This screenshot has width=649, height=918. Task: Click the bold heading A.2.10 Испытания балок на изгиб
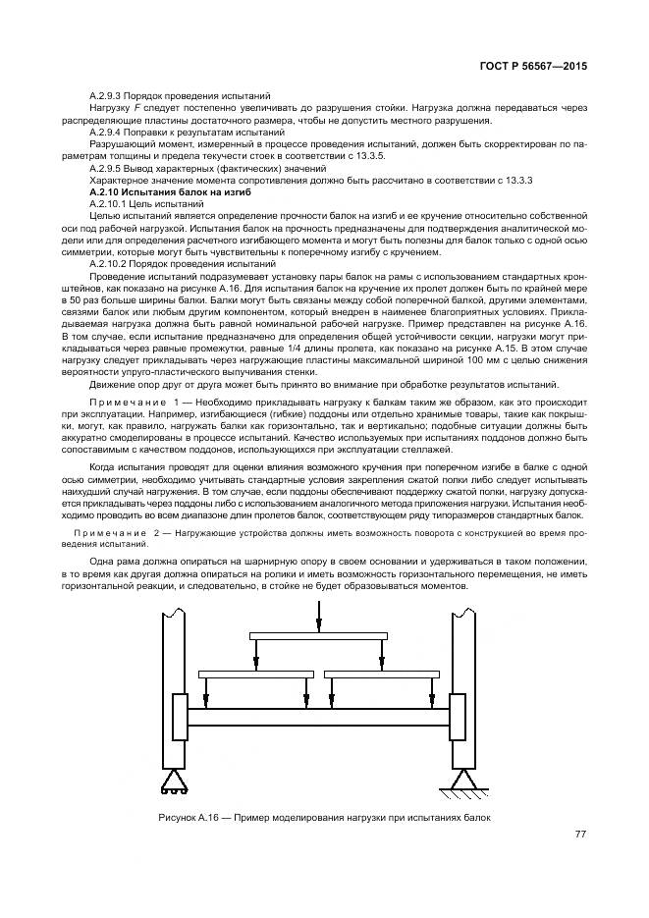pyautogui.click(x=157, y=192)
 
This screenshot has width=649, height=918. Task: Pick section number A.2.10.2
pyautogui.click(x=110, y=264)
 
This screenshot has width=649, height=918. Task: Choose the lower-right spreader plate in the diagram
pyautogui.click(x=378, y=675)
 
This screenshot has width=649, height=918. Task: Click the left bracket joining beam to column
pyautogui.click(x=179, y=718)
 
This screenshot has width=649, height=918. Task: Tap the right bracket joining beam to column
pyautogui.click(x=457, y=718)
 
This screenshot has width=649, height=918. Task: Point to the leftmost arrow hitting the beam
pyautogui.click(x=206, y=693)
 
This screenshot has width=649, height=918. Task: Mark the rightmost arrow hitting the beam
pyautogui.click(x=431, y=693)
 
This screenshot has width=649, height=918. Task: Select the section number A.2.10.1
pyautogui.click(x=110, y=202)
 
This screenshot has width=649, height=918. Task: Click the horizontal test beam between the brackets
pyautogui.click(x=318, y=718)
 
